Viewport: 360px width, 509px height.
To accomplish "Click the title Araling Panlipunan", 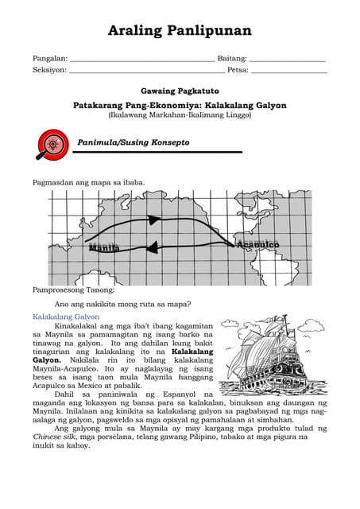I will [x=180, y=31].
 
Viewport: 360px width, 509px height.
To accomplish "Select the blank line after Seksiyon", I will [x=146, y=72].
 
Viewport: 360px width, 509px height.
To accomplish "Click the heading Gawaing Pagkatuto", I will [x=180, y=91].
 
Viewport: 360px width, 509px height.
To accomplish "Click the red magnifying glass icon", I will [x=52, y=144].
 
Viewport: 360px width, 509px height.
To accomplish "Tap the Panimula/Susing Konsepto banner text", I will [x=134, y=142].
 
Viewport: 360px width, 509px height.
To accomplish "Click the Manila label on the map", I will [x=104, y=248].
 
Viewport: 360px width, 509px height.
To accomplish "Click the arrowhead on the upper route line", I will [x=154, y=220].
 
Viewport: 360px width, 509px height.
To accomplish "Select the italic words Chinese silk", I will [x=55, y=437].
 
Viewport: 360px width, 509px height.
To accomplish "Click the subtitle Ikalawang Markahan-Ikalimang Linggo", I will [x=180, y=115].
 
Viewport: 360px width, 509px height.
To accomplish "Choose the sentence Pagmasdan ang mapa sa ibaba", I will [x=88, y=182].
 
